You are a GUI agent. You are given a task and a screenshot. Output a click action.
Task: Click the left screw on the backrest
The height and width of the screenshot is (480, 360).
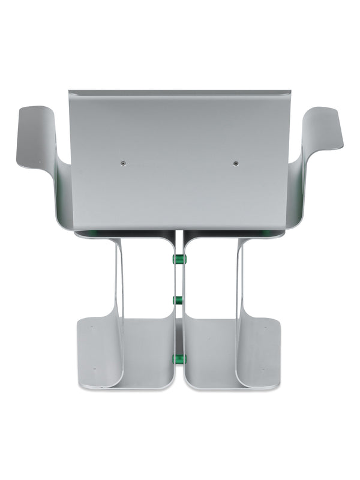pos(122,163)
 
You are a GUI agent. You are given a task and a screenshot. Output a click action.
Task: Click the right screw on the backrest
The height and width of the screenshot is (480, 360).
pos(235,163)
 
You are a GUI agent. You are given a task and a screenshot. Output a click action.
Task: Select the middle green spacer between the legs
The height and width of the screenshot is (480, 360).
pos(179,299)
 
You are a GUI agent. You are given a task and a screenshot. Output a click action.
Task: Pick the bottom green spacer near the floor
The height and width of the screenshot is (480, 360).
pos(179,359)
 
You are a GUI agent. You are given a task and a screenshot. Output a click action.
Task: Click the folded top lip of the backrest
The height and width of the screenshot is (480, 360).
pos(180,94)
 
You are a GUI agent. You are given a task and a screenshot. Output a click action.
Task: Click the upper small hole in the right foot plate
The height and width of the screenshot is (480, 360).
pos(266,328)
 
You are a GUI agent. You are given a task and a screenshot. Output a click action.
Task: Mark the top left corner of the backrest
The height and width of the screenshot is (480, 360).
pos(70,92)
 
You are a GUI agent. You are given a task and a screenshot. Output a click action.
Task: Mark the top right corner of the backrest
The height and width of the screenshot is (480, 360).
pos(290,92)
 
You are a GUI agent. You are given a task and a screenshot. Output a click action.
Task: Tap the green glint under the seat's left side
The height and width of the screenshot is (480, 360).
pos(93,232)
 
